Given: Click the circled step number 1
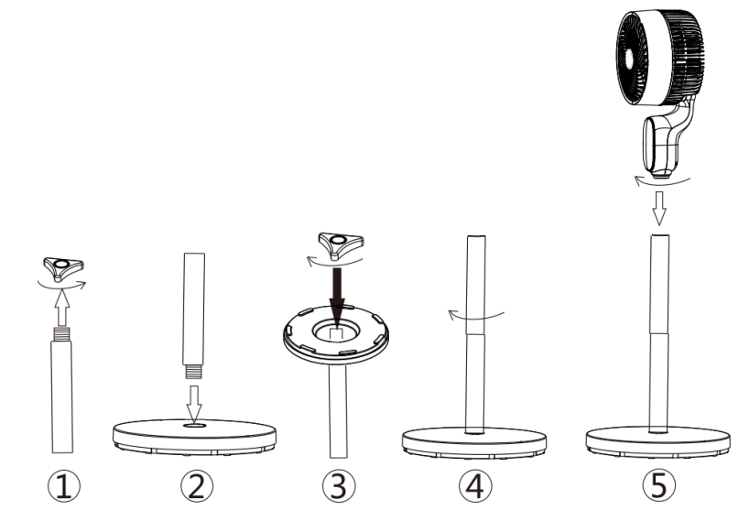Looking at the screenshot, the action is (64, 486).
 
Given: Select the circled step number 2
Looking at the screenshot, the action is (197, 486).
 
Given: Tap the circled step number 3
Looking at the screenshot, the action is (339, 486).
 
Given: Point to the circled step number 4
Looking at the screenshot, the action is (475, 486).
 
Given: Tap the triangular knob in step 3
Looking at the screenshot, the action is (341, 244).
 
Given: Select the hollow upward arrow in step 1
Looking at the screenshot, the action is (61, 308).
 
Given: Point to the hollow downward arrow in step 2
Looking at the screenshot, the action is (193, 403).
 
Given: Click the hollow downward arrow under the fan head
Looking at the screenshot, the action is (659, 208).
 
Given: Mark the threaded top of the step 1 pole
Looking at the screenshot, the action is (61, 334).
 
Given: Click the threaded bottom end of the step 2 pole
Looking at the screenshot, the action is (193, 372).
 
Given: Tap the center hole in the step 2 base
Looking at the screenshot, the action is (194, 426).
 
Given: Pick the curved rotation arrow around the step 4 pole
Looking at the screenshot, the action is (474, 317).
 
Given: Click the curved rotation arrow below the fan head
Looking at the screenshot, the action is (661, 181).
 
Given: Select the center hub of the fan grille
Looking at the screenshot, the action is (630, 58).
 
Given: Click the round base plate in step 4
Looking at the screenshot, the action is (474, 443).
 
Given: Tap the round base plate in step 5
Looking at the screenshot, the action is (658, 441).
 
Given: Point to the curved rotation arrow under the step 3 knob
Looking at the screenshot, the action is (334, 262).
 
